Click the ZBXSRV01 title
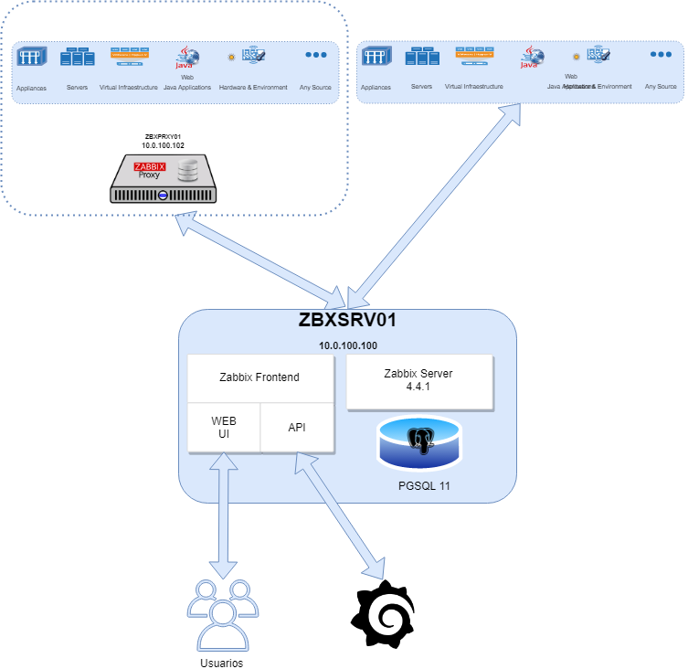(347, 321)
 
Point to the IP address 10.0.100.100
(347, 346)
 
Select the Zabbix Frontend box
(259, 377)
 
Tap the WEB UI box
(224, 427)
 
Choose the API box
(297, 427)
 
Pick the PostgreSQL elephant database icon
(420, 443)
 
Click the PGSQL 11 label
(420, 485)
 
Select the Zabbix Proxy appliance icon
(164, 179)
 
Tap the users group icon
(223, 614)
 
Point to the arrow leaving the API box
(338, 516)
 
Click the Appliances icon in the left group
(31, 57)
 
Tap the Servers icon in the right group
(421, 57)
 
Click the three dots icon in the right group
(661, 55)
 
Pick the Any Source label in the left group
(316, 88)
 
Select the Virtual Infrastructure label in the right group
(473, 87)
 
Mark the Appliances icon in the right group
(376, 57)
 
